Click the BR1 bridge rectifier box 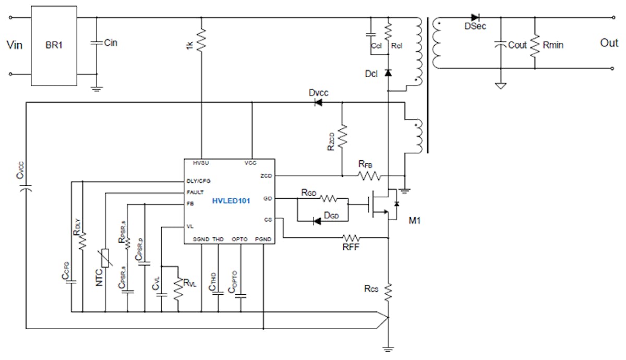(54, 46)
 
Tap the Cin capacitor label (111, 43)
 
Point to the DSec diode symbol (475, 17)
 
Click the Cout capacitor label (517, 45)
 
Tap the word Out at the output (609, 43)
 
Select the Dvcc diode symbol (318, 103)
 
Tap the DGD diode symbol (317, 221)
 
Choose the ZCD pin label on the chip (266, 176)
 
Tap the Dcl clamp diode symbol (388, 73)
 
